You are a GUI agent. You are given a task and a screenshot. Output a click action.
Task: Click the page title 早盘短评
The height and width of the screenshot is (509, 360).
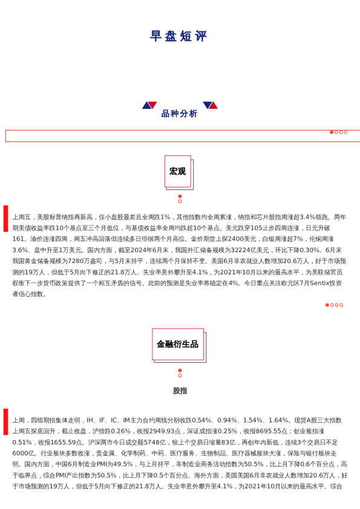pos(179,36)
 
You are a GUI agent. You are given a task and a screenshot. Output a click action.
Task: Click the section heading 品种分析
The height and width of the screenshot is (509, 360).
pos(179,114)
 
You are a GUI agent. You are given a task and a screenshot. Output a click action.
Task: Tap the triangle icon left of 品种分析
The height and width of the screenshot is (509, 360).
pos(149,105)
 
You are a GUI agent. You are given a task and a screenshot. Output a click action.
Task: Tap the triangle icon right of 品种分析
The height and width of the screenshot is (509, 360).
pos(210,105)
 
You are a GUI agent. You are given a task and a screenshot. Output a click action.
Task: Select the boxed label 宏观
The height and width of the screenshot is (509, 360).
pos(177,171)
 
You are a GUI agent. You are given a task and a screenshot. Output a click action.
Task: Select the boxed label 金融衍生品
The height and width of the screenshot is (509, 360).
pos(177,344)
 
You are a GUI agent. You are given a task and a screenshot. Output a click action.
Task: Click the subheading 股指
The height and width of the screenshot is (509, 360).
pos(180,391)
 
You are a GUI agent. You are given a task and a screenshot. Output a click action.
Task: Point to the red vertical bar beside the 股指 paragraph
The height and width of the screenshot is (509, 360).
pos(6,421)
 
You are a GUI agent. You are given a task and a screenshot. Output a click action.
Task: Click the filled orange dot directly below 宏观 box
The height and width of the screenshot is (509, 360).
pos(180,196)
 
